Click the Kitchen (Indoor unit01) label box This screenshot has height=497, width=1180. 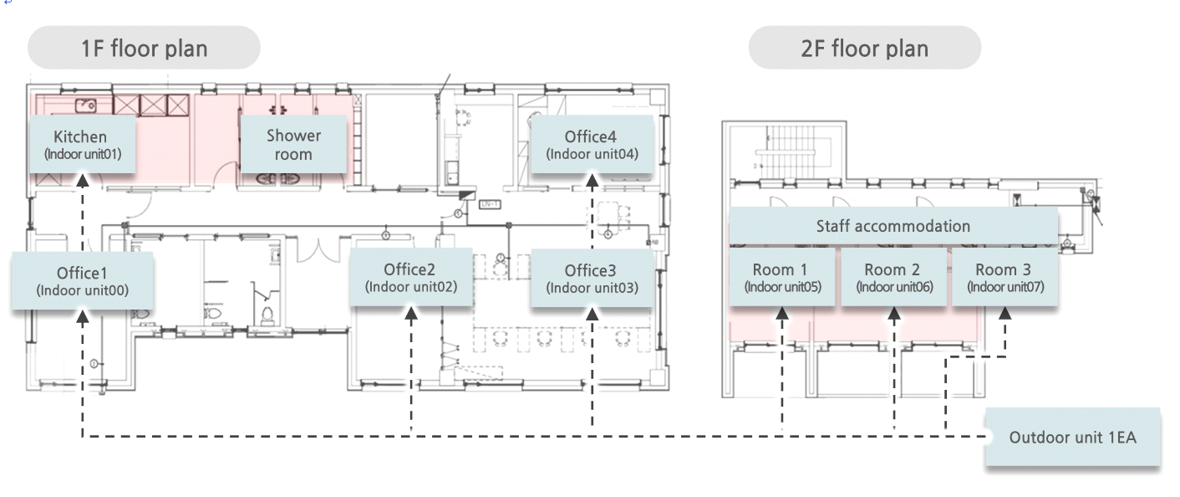(82, 144)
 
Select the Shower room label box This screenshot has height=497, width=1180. (293, 144)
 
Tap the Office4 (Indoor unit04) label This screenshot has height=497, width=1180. (592, 144)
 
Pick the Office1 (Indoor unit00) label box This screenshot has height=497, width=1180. (82, 280)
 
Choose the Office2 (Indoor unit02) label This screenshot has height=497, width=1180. (411, 277)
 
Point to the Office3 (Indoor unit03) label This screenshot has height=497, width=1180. (592, 278)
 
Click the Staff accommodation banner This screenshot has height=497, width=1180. (893, 226)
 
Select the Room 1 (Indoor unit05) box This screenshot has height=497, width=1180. (781, 277)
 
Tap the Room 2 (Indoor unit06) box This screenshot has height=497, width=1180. (893, 277)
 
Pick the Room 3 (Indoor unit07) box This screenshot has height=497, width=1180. (1005, 277)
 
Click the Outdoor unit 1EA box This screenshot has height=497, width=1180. (1072, 437)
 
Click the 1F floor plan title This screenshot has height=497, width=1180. (144, 48)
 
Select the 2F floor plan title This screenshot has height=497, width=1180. (864, 48)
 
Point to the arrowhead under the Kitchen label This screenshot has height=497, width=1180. (82, 181)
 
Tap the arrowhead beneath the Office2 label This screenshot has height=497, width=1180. (411, 314)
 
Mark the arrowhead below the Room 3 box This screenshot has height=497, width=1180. (1005, 314)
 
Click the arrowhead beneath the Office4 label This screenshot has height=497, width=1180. (593, 181)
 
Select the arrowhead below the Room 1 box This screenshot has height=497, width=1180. (781, 314)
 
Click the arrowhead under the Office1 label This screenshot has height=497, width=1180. (82, 316)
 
